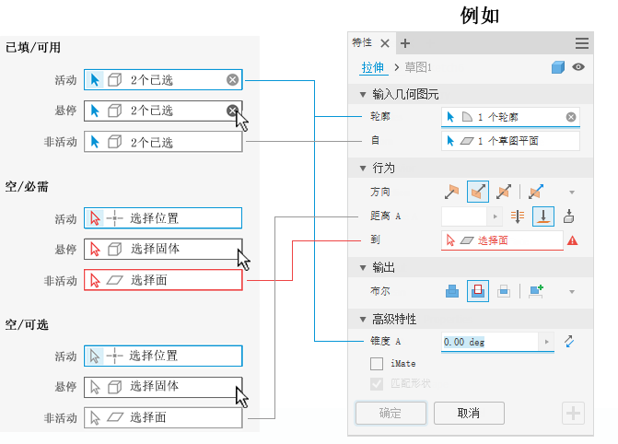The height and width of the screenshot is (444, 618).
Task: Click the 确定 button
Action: [x=391, y=413]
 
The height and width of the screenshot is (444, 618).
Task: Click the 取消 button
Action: [x=469, y=413]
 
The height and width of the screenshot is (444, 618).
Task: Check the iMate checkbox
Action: [x=376, y=364]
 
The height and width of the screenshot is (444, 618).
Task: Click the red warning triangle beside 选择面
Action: [x=573, y=240]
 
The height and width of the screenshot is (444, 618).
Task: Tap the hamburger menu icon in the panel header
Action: [x=582, y=43]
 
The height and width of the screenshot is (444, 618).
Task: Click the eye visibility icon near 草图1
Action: [x=578, y=67]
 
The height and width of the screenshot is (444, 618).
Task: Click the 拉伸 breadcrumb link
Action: [x=372, y=67]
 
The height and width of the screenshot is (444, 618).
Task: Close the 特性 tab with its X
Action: [x=385, y=43]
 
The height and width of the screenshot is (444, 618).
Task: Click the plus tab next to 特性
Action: [x=405, y=43]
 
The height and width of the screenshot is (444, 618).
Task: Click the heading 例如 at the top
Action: [x=479, y=16]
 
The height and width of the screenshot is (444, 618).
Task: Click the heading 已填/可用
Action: [x=33, y=48]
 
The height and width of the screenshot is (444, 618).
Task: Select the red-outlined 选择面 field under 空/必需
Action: [x=163, y=280]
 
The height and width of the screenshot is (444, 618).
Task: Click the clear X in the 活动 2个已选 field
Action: [x=233, y=80]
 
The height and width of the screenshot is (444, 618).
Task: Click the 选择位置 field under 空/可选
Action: [x=163, y=356]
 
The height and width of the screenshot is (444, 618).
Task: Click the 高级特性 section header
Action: [x=394, y=319]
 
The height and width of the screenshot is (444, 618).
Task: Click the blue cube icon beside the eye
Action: [x=557, y=67]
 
